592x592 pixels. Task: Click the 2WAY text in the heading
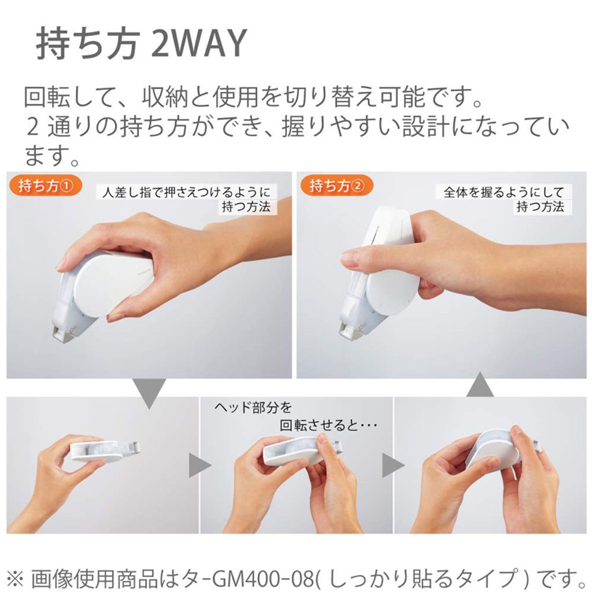[199, 44]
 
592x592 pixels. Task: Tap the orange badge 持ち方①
[44, 186]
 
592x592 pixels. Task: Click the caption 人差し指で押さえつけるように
[187, 192]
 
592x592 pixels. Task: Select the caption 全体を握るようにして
[504, 192]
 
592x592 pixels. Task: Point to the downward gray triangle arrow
[150, 393]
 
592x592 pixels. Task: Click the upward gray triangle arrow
[480, 384]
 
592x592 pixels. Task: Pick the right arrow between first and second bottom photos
[199, 465]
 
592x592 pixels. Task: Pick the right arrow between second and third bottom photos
[393, 465]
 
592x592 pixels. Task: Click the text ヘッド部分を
[253, 408]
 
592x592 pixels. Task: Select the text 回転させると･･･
[328, 426]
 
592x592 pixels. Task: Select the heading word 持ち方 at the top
[87, 44]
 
